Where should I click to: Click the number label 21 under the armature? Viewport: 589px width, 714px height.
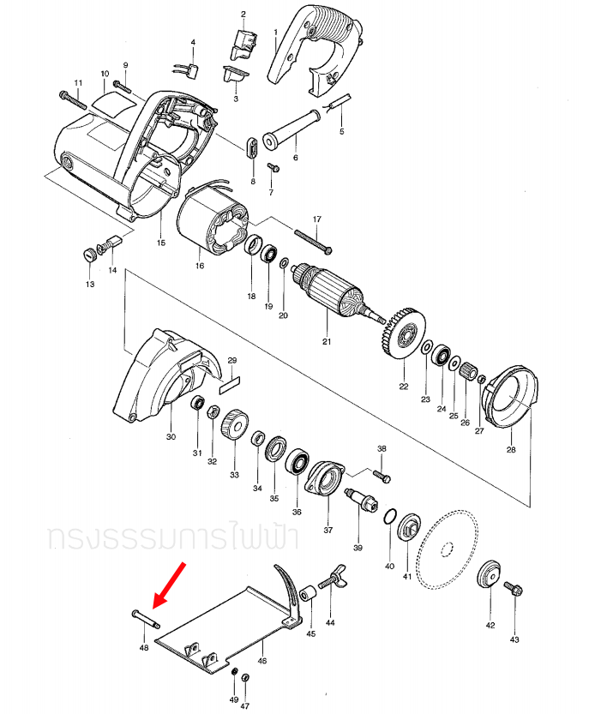coord(326,342)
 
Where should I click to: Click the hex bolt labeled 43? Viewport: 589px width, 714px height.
coord(514,590)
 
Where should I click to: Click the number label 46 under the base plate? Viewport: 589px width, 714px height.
coord(261,661)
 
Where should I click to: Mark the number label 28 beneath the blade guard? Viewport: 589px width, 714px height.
coord(511,449)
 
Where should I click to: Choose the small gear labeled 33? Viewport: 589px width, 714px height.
coord(233,425)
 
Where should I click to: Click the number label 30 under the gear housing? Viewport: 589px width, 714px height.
coord(171,436)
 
